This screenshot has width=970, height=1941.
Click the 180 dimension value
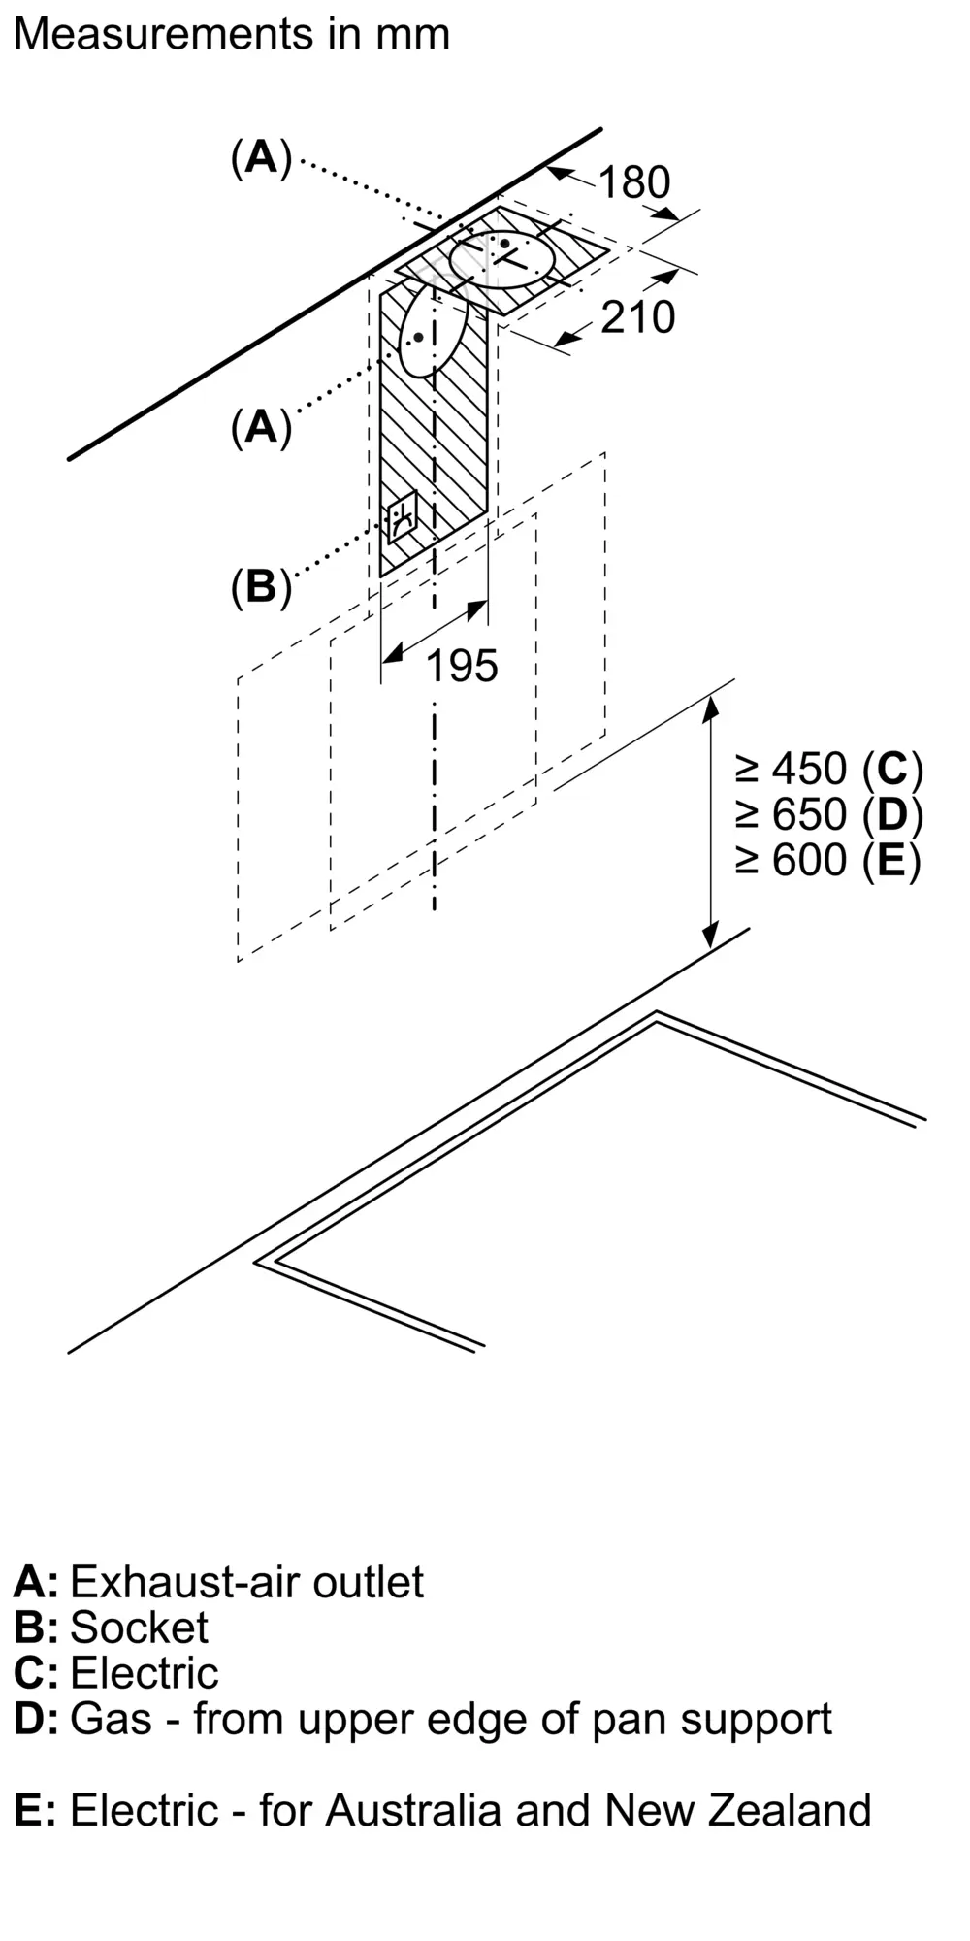(634, 182)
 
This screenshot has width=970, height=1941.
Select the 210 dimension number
(637, 317)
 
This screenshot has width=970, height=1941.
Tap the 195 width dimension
(462, 666)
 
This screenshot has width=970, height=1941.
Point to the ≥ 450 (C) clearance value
(829, 769)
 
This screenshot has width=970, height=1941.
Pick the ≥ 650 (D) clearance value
(829, 814)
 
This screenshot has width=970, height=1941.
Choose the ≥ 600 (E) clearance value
(829, 860)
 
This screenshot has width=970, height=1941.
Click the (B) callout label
(261, 586)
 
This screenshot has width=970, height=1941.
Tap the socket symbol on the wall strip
(402, 516)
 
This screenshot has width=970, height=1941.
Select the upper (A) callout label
(261, 156)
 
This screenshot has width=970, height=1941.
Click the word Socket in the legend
(139, 1628)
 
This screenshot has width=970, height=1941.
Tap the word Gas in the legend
(111, 1719)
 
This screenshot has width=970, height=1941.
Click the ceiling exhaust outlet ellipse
(502, 259)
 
